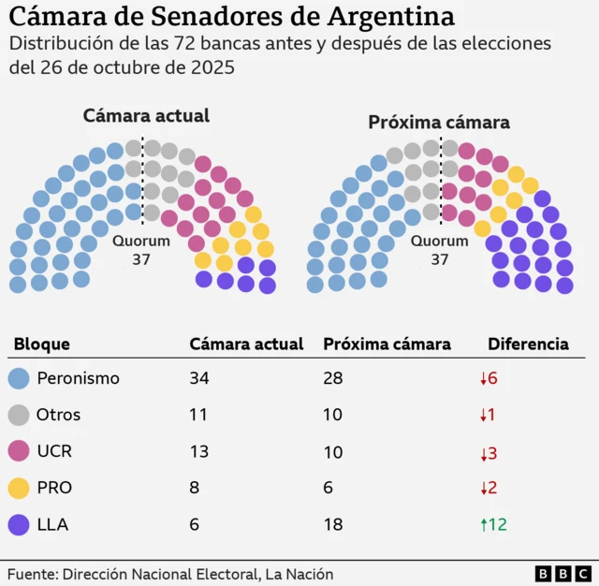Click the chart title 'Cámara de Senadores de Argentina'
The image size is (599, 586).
coord(232,17)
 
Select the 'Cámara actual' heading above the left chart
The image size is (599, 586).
coord(146,116)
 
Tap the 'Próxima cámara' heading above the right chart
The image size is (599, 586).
coord(438,123)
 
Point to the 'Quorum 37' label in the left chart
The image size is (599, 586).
coord(141,250)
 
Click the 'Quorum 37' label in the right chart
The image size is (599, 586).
coord(440,250)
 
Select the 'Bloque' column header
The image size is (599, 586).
coord(42,344)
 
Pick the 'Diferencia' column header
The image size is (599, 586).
coord(528,344)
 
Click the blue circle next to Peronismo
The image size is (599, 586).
coord(19,379)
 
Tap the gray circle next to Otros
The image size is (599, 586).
coord(19,416)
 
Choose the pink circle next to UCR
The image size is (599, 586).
coord(19,452)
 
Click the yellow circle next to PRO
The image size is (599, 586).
coord(19,489)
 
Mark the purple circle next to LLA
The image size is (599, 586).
coord(19,525)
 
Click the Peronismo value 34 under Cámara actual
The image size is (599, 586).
coord(199,379)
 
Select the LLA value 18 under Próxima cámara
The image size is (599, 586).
coord(333,525)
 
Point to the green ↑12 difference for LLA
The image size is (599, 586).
coord(493,525)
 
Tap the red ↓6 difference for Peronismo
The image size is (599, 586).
coord(489,379)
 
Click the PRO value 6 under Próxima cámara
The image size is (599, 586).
coord(329,489)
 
